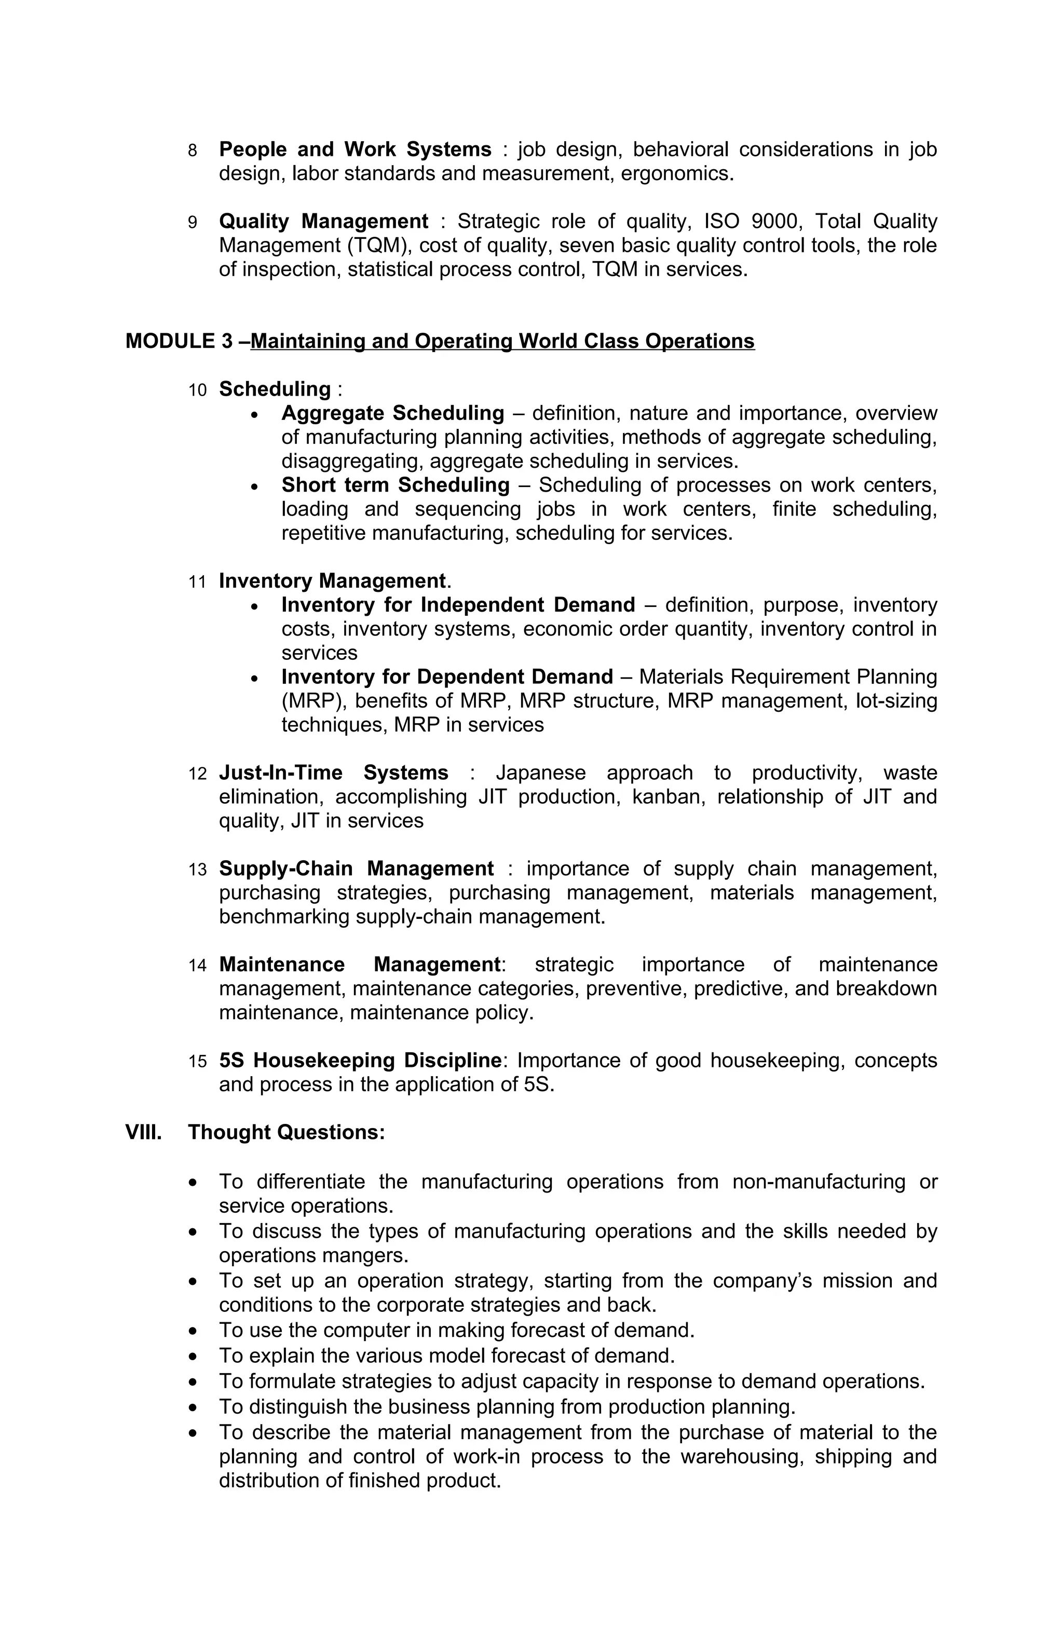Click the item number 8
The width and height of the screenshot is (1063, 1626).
click(192, 151)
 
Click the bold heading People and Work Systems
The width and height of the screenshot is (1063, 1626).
click(355, 149)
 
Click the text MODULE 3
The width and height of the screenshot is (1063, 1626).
click(179, 341)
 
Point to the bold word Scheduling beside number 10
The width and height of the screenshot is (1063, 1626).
click(275, 389)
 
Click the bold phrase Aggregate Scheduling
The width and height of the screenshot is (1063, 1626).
click(392, 413)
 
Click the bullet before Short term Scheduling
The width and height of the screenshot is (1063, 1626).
click(255, 486)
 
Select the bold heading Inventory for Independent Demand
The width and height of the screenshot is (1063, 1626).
click(458, 605)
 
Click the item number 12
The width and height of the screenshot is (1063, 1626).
click(197, 774)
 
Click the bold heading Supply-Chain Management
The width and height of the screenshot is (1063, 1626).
click(356, 869)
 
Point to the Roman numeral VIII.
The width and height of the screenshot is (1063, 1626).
click(143, 1132)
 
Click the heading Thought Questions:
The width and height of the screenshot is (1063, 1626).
click(286, 1132)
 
